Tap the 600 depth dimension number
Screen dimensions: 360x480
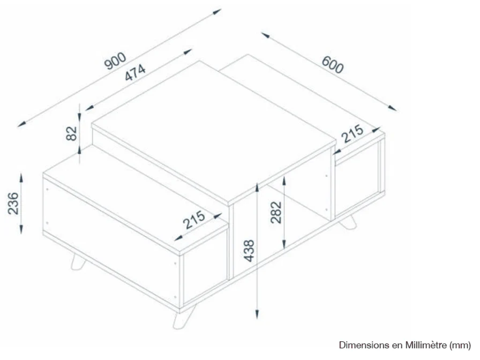332,65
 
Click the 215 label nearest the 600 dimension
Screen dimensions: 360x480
352,134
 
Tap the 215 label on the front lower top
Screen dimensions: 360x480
193,220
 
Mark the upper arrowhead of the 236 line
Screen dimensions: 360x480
21,176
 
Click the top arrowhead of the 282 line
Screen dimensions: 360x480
284,181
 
